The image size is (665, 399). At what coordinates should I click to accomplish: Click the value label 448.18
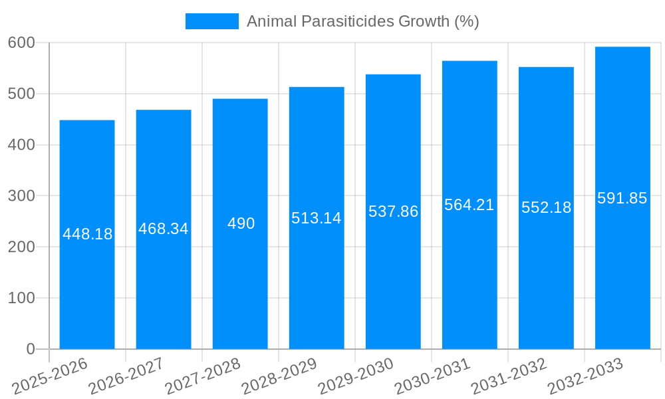pyautogui.click(x=88, y=234)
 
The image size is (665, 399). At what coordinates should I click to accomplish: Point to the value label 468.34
pyautogui.click(x=164, y=229)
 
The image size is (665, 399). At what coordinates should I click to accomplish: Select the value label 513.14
pyautogui.click(x=317, y=218)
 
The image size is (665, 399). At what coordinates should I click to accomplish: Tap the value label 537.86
pyautogui.click(x=393, y=211)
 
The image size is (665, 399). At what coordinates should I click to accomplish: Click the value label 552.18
pyautogui.click(x=546, y=207)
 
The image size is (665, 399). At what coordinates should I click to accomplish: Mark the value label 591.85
pyautogui.click(x=622, y=198)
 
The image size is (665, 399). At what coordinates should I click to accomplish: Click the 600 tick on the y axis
pyautogui.click(x=21, y=43)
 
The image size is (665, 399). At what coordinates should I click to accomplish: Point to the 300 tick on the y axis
pyautogui.click(x=21, y=196)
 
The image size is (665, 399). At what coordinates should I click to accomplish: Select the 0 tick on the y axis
pyautogui.click(x=30, y=349)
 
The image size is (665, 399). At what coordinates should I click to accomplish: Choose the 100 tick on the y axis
pyautogui.click(x=21, y=298)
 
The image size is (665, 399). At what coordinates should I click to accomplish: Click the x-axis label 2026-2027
pyautogui.click(x=126, y=376)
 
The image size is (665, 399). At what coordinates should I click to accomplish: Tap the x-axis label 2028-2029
pyautogui.click(x=279, y=376)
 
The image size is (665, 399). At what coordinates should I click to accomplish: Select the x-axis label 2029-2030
pyautogui.click(x=356, y=376)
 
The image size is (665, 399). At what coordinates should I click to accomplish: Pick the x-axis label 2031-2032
pyautogui.click(x=509, y=376)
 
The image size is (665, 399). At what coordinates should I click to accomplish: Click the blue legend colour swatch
pyautogui.click(x=211, y=21)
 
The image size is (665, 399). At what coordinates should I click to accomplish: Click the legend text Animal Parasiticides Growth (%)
pyautogui.click(x=363, y=21)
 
